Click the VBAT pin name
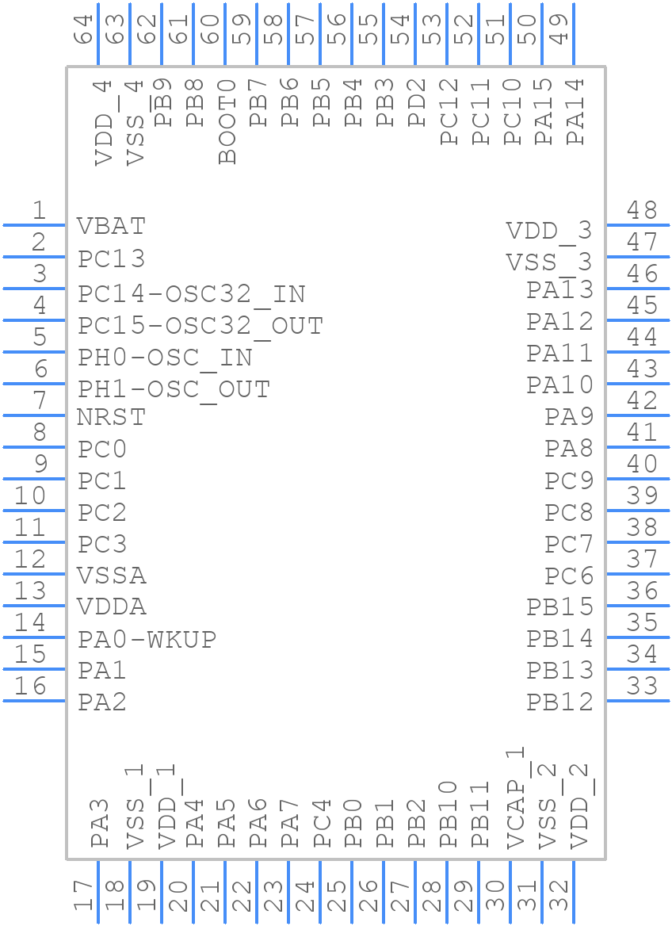point(111,226)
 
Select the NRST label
point(111,416)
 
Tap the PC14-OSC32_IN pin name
point(191,294)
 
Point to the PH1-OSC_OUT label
point(174,389)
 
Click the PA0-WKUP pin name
point(147,639)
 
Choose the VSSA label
point(111,575)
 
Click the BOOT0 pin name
point(228,121)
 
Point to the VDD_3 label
point(549,231)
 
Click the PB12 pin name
point(559,702)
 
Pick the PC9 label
point(568,480)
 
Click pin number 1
point(38,210)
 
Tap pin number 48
point(642,210)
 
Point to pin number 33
point(642,686)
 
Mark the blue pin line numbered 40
point(638,479)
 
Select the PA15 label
point(544,111)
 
